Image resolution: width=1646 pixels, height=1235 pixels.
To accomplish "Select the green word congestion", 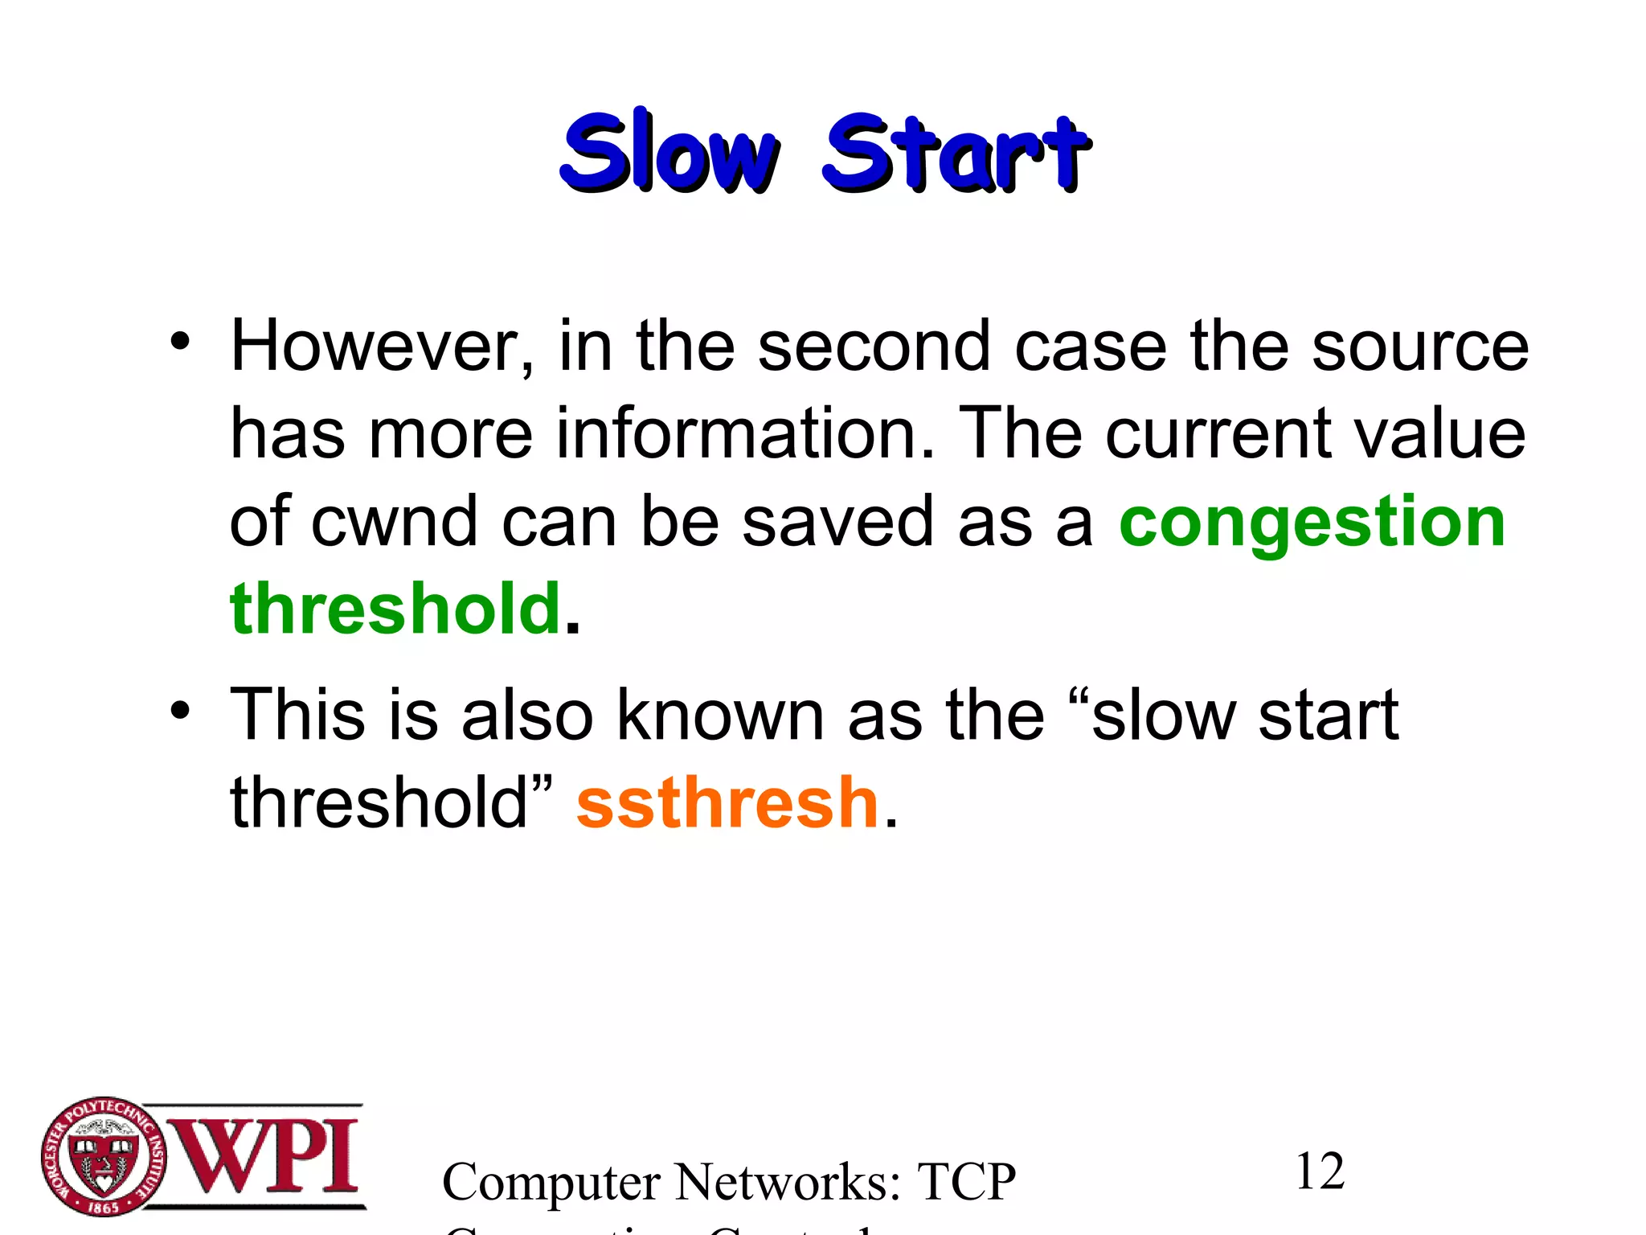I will click(x=1312, y=523).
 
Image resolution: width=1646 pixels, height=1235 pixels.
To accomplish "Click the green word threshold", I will click(x=395, y=609).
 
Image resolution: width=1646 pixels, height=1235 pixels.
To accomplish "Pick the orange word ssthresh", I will click(x=727, y=802).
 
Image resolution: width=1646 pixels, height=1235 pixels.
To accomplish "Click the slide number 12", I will click(x=1319, y=1171).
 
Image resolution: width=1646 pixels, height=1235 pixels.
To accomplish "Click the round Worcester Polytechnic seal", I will click(x=104, y=1156).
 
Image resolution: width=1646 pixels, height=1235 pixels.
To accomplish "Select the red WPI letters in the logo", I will click(x=265, y=1156).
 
